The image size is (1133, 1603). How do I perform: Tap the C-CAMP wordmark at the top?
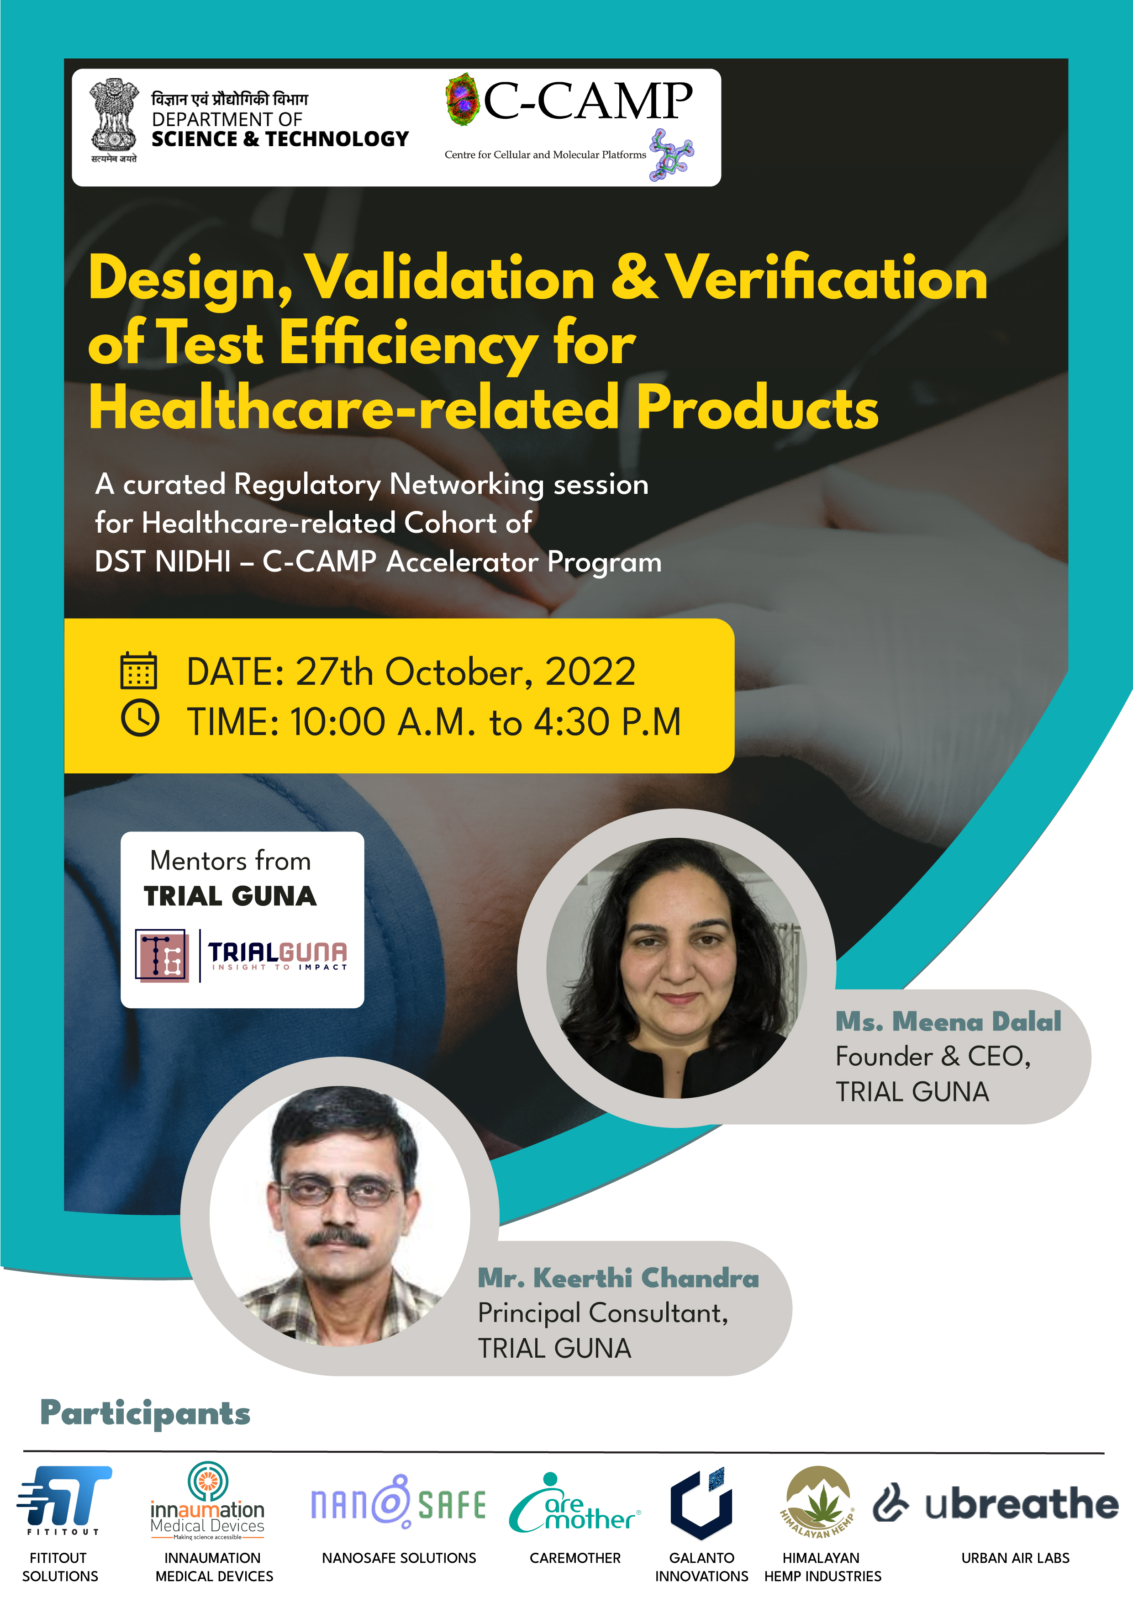coord(588,101)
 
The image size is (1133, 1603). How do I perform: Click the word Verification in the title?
coord(827,278)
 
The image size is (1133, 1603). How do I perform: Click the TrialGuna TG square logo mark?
coord(161,955)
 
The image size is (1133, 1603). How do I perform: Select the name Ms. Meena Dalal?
coord(948,1021)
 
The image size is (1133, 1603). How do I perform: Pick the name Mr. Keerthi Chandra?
coord(618,1278)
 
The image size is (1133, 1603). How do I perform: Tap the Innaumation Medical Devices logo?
coord(207,1500)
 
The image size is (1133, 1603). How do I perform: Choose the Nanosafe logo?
coord(398,1502)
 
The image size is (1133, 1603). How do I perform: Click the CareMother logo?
coord(574,1503)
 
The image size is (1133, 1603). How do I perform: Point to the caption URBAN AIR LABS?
coord(1015,1558)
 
